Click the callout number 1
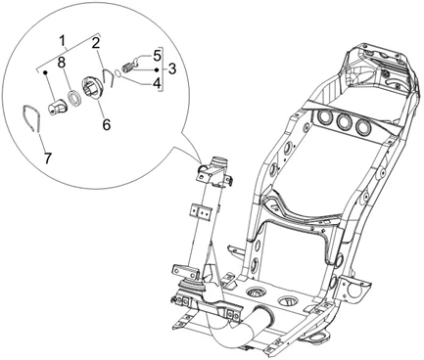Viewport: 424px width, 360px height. point(63,41)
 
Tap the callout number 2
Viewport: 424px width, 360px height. point(95,43)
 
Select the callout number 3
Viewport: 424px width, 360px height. point(172,68)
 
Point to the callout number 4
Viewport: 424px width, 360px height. point(157,83)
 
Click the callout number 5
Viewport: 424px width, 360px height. point(157,56)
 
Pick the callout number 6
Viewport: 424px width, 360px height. point(107,124)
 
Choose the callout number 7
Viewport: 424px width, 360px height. point(48,158)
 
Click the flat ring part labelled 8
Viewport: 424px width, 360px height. point(74,99)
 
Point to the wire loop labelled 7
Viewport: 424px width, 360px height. point(31,118)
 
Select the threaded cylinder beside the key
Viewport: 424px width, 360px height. point(127,68)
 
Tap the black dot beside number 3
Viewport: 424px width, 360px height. point(157,69)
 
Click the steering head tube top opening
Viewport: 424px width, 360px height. point(219,160)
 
